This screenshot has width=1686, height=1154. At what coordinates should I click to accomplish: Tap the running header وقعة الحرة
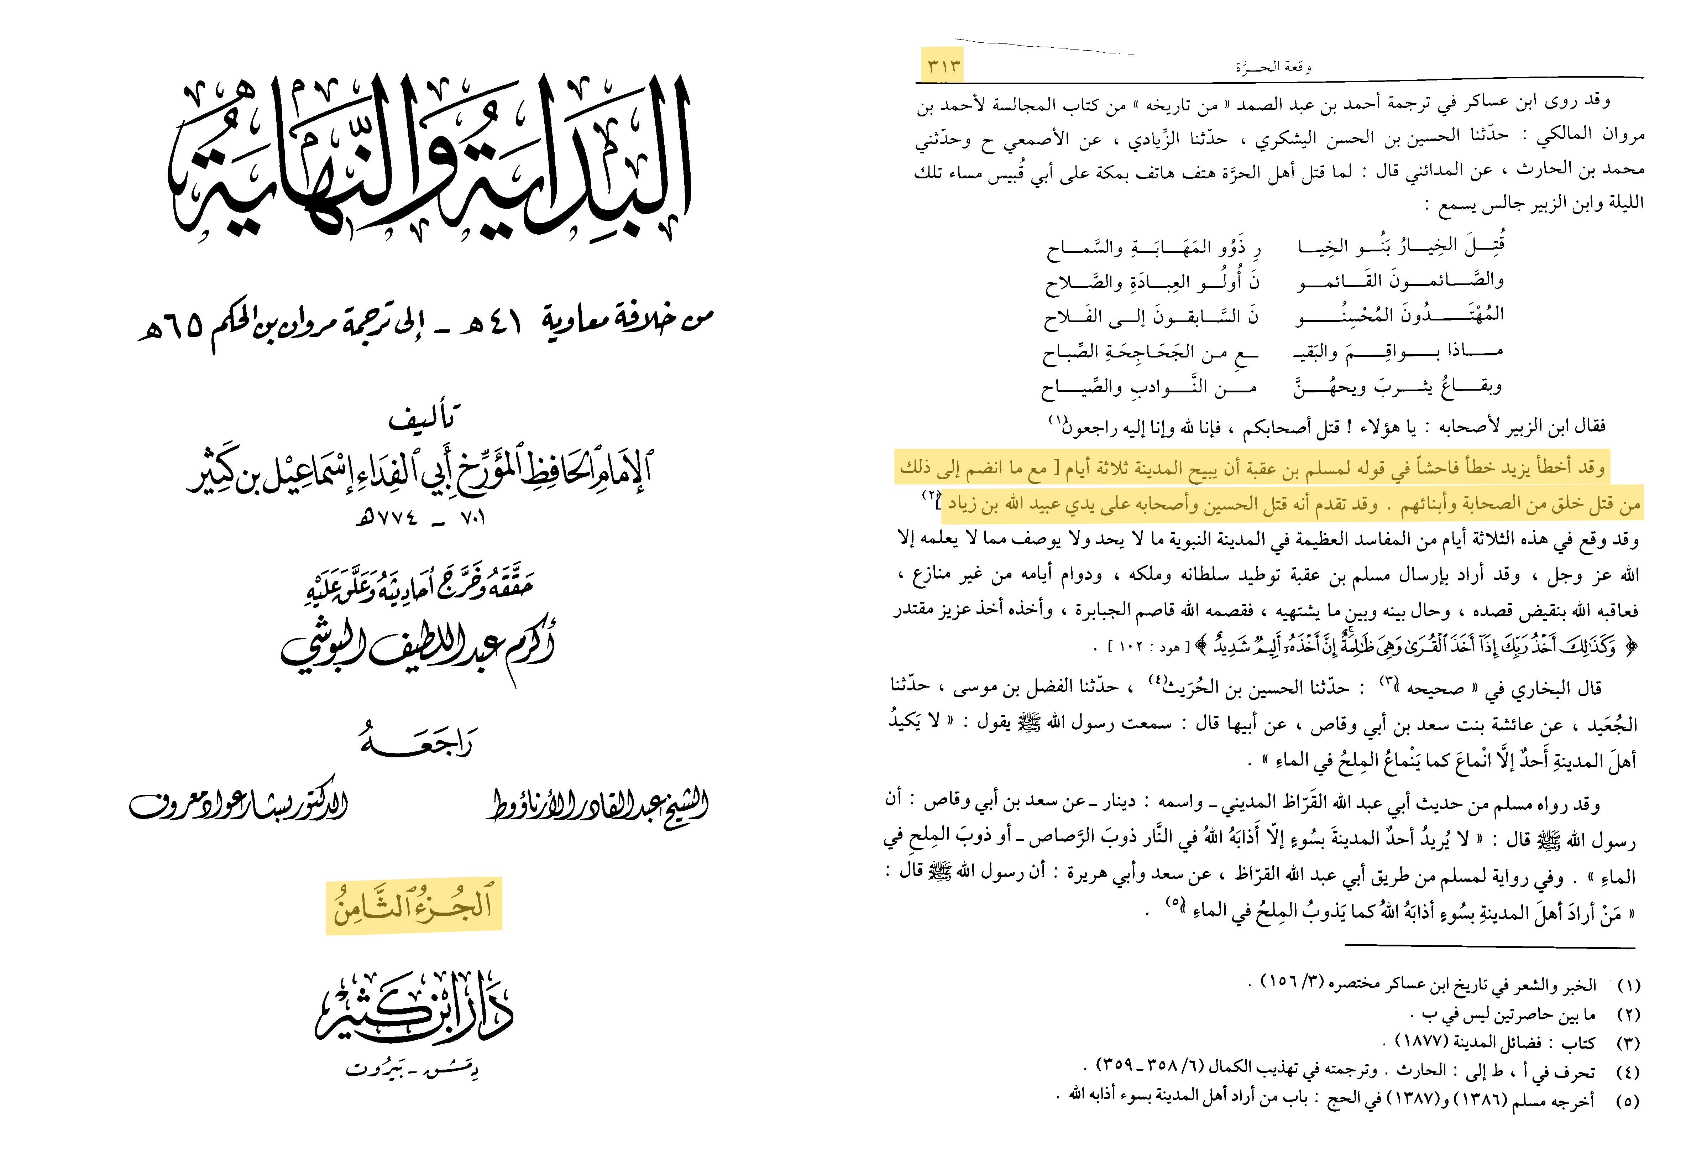pyautogui.click(x=1273, y=68)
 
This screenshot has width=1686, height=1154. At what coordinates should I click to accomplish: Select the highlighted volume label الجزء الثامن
pyautogui.click(x=414, y=905)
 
